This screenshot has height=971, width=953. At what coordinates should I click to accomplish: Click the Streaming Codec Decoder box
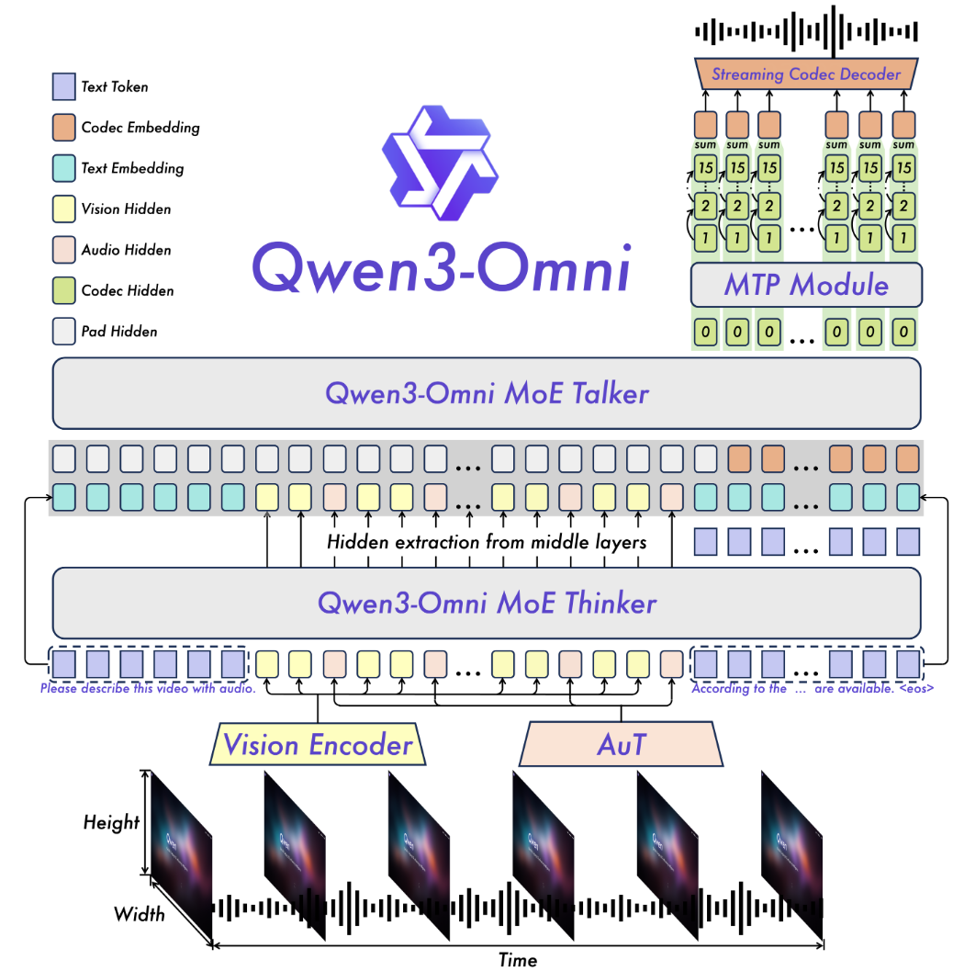pyautogui.click(x=805, y=73)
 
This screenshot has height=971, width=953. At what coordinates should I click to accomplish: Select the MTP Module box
pyautogui.click(x=806, y=285)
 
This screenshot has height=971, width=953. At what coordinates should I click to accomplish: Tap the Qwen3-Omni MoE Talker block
pyautogui.click(x=487, y=393)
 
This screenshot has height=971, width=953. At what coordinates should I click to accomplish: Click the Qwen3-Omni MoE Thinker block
pyautogui.click(x=487, y=603)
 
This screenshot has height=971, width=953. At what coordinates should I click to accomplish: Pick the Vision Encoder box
pyautogui.click(x=318, y=743)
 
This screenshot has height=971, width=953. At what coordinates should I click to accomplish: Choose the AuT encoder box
pyautogui.click(x=622, y=743)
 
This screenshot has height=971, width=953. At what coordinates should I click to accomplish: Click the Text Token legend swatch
pyautogui.click(x=64, y=86)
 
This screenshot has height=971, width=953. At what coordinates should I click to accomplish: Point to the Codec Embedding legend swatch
pyautogui.click(x=64, y=127)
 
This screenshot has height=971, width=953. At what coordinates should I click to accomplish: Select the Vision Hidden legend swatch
pyautogui.click(x=64, y=209)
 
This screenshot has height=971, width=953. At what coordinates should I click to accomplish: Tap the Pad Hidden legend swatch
pyautogui.click(x=64, y=330)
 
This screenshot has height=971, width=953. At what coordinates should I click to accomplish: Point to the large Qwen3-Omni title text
pyautogui.click(x=441, y=265)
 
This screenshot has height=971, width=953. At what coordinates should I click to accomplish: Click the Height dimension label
pyautogui.click(x=111, y=821)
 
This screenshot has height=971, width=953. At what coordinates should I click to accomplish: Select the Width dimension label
pyautogui.click(x=140, y=913)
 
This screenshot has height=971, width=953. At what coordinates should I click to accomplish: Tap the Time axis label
pyautogui.click(x=517, y=959)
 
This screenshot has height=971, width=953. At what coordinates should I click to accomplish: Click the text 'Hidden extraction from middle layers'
pyautogui.click(x=487, y=542)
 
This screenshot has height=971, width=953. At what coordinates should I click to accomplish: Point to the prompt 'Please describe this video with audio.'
pyautogui.click(x=148, y=688)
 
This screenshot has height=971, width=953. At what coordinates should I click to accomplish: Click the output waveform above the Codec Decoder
pyautogui.click(x=805, y=30)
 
